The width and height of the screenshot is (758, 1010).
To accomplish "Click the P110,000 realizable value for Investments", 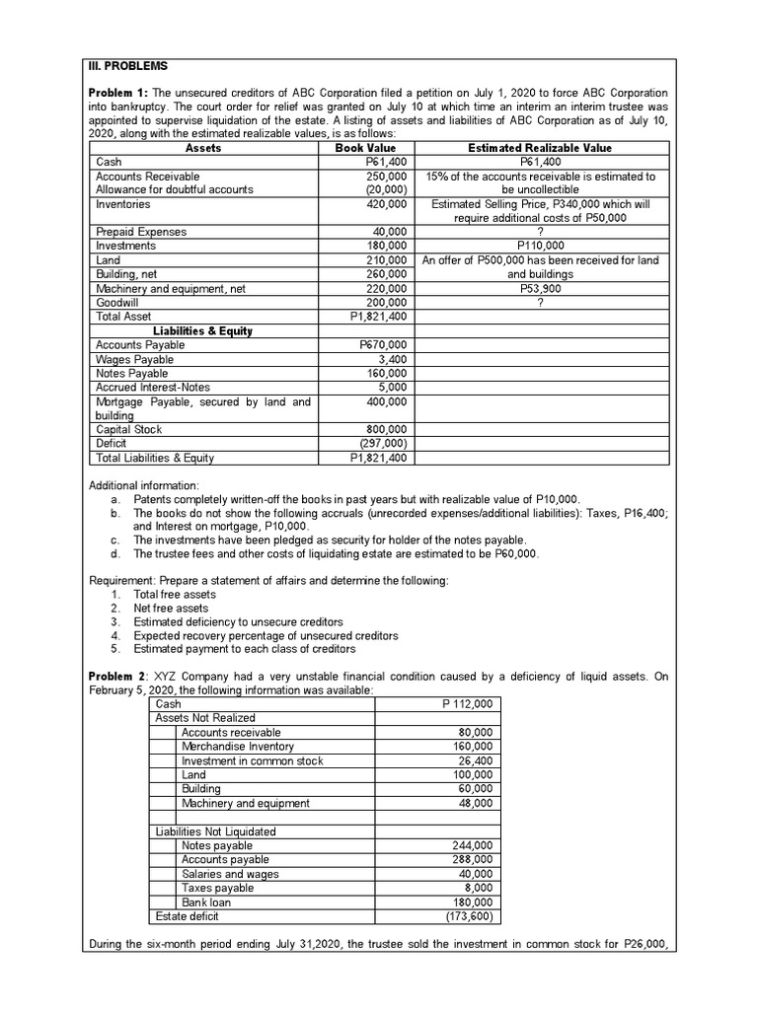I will [x=540, y=246].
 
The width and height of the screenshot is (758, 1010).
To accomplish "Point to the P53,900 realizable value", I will [x=540, y=289].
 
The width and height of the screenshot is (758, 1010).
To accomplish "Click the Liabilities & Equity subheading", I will [x=202, y=331].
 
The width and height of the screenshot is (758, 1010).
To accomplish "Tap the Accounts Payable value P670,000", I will [x=386, y=345].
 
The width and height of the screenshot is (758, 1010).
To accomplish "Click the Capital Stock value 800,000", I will [x=387, y=430].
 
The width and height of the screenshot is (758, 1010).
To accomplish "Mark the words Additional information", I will [x=143, y=486].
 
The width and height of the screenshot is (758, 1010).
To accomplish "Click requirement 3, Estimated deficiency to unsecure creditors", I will [x=238, y=622].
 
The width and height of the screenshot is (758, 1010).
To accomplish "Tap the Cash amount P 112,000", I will [x=467, y=704].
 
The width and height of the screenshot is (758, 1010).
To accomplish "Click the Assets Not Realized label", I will [x=205, y=718].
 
